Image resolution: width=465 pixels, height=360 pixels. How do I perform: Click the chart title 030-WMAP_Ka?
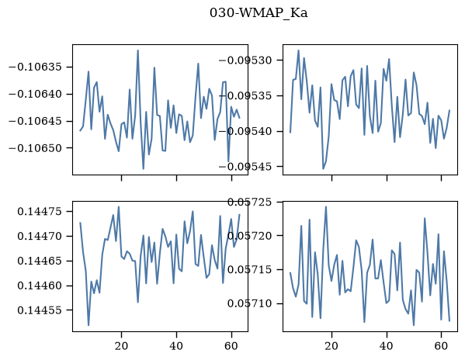[259, 13]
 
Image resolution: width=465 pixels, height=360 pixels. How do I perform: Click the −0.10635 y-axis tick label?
[36, 67]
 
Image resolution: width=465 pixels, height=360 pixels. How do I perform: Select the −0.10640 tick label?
[36, 94]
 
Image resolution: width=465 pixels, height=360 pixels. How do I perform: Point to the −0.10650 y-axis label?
[36, 148]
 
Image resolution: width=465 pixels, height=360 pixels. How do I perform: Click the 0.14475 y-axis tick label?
[40, 212]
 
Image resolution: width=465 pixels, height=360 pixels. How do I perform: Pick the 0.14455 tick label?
[40, 310]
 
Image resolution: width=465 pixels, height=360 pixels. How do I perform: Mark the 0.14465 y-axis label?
[40, 261]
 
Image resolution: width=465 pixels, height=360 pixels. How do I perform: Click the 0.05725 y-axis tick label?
[250, 202]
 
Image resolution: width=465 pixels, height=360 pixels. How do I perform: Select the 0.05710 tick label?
[250, 303]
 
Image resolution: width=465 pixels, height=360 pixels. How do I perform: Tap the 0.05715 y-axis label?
[250, 270]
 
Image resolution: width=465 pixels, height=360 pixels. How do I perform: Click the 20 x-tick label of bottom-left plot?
[121, 346]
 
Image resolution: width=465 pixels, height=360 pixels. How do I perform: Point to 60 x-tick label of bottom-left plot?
[231, 346]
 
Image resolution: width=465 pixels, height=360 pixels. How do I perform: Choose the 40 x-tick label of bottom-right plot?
[387, 346]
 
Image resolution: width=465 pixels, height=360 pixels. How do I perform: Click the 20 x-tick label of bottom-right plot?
[331, 346]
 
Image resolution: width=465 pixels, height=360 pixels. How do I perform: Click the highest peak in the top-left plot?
[138, 50]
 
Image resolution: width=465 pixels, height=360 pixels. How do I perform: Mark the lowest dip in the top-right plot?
[323, 169]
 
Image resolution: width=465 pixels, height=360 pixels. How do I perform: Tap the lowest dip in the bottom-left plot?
[88, 325]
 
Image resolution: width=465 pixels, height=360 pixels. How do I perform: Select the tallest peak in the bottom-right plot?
[326, 207]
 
